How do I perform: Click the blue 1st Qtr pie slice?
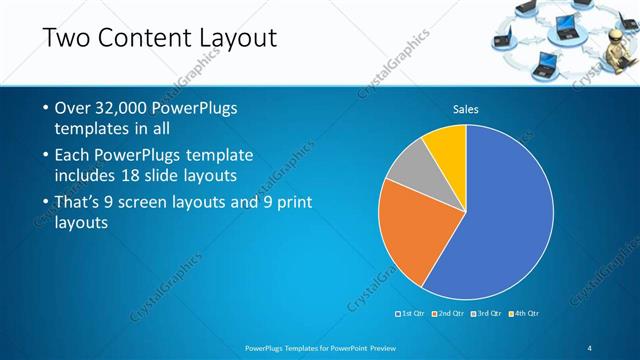tap(500, 220)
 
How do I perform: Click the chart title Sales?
tap(466, 108)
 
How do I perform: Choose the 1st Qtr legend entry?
tap(412, 314)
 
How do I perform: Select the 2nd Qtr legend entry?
tap(449, 314)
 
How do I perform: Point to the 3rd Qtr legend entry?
tap(487, 314)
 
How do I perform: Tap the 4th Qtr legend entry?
tap(525, 314)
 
